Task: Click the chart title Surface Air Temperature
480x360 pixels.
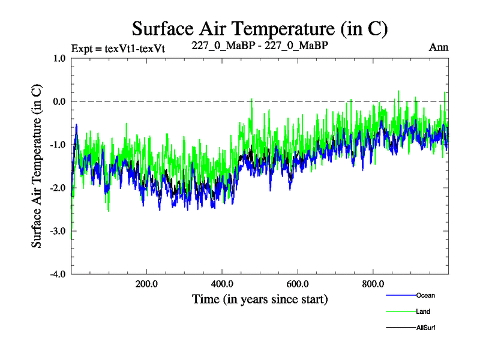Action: [x=260, y=28]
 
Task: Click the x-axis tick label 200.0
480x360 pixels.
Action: [x=146, y=284]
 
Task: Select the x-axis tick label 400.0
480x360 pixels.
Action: [x=222, y=284]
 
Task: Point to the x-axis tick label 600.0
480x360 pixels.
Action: [x=298, y=284]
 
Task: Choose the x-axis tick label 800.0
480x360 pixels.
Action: [x=373, y=284]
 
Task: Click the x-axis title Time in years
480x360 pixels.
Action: [x=260, y=298]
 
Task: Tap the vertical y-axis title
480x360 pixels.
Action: [x=37, y=166]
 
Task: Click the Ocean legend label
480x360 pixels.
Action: [x=425, y=295]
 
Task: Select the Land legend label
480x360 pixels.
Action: [x=423, y=311]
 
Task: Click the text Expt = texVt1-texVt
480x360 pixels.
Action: [x=118, y=48]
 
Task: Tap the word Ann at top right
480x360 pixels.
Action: [x=439, y=47]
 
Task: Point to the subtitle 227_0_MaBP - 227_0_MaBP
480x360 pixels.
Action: [x=260, y=46]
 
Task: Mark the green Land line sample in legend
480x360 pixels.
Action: [x=400, y=311]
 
